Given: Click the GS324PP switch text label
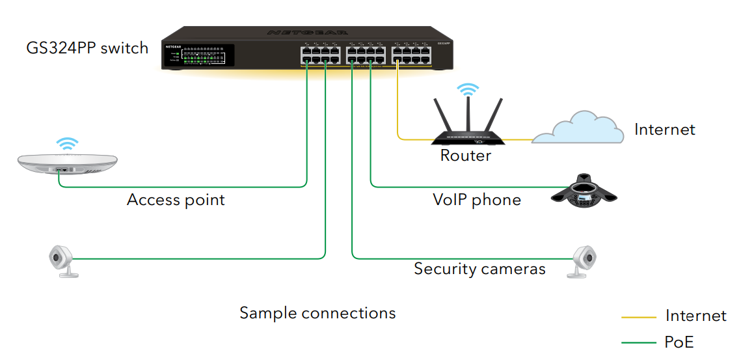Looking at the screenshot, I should point(87,48).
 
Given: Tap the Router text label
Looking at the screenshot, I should point(465,156).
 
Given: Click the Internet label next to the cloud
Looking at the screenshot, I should point(664,130).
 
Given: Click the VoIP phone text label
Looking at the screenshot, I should point(477,199).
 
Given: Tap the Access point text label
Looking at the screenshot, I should point(176,200).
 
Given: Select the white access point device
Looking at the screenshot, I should point(67,164).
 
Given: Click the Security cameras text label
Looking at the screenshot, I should point(479,269).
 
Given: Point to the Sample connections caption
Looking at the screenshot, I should point(317,313).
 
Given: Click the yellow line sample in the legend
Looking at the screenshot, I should point(640,317).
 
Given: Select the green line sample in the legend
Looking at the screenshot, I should point(640,342).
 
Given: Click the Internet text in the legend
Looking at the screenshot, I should point(695,316).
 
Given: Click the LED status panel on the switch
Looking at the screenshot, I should point(203,56).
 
